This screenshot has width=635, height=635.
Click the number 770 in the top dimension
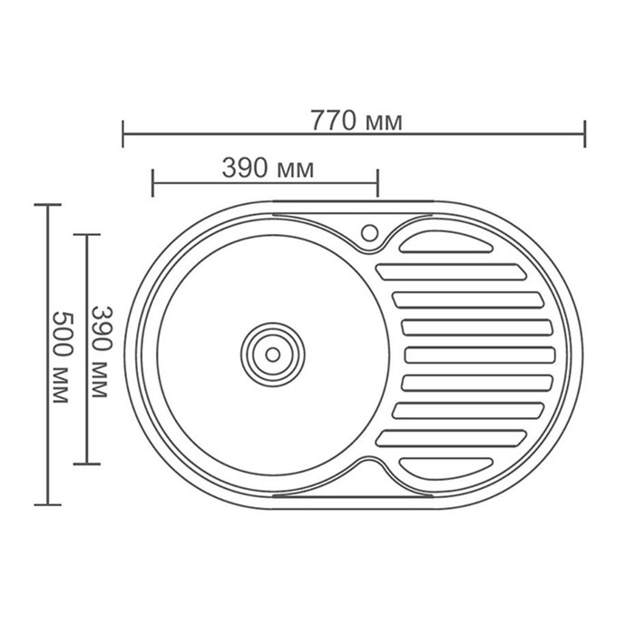click(330, 121)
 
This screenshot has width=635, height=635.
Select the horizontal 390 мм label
click(267, 168)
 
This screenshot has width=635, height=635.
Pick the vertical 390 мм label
click(100, 352)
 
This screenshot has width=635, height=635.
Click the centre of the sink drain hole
click(272, 353)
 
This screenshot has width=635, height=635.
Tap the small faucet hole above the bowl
click(370, 231)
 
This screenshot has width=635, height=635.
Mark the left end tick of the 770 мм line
click(122, 133)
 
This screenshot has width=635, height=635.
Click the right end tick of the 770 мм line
click(585, 133)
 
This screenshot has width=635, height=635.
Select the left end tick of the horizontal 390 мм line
click(152, 181)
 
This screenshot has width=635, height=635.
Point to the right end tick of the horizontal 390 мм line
click(377, 181)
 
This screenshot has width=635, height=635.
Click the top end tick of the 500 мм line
click(47, 205)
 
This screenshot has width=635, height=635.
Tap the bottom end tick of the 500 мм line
click(47, 504)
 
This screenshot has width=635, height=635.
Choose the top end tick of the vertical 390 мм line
click(86, 235)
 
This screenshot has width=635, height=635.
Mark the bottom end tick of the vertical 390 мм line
click(86, 464)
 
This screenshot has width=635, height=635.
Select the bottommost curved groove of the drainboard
click(444, 467)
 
